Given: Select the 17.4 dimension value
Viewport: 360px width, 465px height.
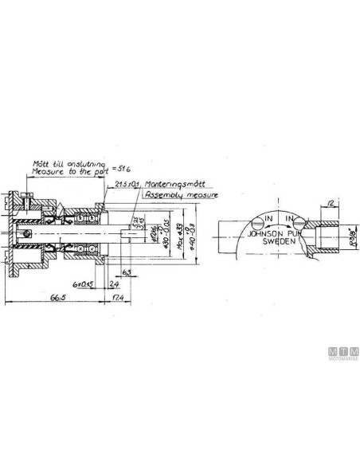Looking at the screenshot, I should pyautogui.click(x=118, y=298).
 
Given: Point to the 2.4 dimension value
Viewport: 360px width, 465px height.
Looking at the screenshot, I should pyautogui.click(x=113, y=283).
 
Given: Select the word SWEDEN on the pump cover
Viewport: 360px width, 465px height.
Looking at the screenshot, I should pyautogui.click(x=280, y=240).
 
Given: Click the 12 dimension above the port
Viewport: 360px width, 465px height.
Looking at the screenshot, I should pyautogui.click(x=329, y=205).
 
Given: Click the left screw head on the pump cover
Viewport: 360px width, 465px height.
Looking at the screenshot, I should pyautogui.click(x=255, y=224).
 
